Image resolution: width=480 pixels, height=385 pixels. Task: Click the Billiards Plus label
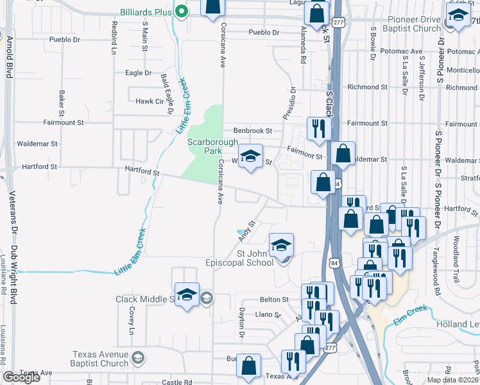[x=147, y=11]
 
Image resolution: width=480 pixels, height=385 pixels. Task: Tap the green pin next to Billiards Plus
[x=182, y=11]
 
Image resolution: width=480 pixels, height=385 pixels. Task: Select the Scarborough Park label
[x=204, y=146]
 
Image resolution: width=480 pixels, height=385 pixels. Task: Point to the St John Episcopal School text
[x=255, y=258]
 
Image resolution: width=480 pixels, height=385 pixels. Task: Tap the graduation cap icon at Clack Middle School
[x=187, y=295]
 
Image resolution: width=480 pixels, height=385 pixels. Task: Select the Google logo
[x=21, y=377]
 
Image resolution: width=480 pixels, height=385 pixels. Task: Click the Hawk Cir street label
[x=150, y=101]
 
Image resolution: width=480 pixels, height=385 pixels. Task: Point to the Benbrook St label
[x=253, y=130]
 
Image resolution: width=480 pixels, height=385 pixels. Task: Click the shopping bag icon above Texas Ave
[x=248, y=366]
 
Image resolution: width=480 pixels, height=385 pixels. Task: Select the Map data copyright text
[x=452, y=380]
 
